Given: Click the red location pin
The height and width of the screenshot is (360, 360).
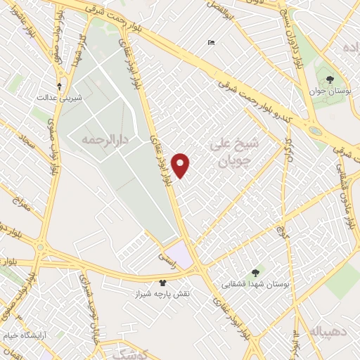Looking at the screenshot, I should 181,165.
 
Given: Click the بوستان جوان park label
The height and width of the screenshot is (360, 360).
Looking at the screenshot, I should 330,91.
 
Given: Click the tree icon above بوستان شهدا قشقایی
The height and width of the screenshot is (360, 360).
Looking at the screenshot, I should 255,272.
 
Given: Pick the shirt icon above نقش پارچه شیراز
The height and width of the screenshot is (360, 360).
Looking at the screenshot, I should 163,281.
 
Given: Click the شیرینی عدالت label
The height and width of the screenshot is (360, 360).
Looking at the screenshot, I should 60,98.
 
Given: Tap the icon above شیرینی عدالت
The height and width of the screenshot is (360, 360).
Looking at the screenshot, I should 59,86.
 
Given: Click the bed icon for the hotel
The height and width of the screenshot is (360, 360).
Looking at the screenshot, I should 212,43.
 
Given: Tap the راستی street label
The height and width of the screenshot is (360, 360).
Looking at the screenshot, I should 169,259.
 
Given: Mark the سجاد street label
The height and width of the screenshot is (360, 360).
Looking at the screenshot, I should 29,148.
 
